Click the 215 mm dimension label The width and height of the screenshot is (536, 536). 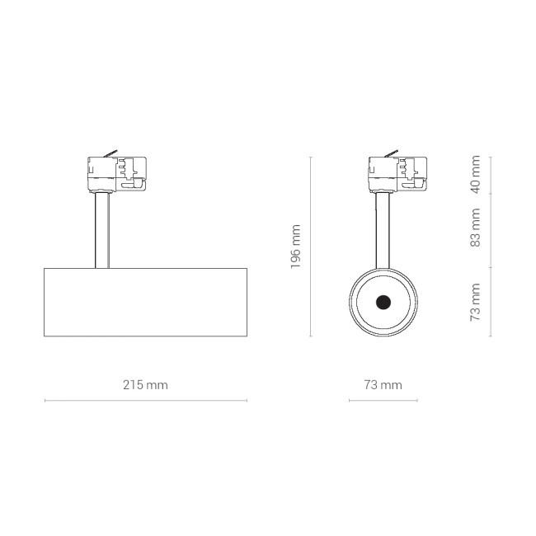pos(145,385)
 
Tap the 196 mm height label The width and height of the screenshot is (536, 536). pos(295,247)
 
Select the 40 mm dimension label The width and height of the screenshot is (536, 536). pos(475,174)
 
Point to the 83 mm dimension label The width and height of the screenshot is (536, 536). pos(475,228)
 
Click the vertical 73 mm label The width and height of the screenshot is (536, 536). pos(475,302)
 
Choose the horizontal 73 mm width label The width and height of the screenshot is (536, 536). pos(383,385)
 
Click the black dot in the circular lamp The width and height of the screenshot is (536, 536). pos(383,302)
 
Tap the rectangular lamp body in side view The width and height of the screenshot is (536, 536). pos(146,302)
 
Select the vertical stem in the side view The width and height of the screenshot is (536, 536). pos(102,230)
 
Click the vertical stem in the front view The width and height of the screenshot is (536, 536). pos(383,230)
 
